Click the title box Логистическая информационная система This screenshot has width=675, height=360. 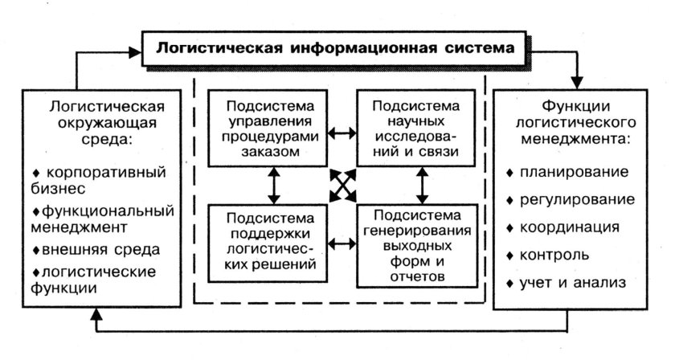point(336,48)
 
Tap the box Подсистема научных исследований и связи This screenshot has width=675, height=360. point(417,128)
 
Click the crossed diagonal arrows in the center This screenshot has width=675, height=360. point(343,187)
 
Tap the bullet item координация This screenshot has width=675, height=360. point(574,227)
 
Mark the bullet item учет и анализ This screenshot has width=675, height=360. point(574,283)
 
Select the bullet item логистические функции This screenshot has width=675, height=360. point(92,277)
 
